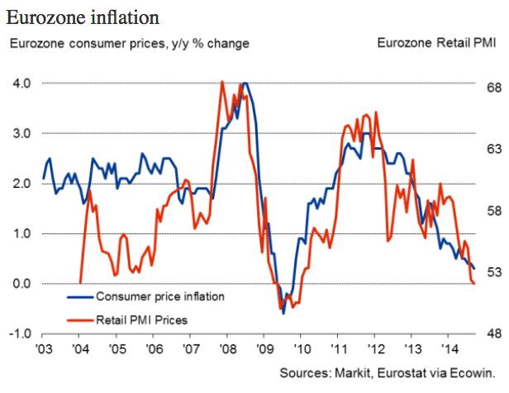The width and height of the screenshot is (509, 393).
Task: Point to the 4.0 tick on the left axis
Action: [22, 83]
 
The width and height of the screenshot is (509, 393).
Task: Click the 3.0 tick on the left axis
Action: [22, 133]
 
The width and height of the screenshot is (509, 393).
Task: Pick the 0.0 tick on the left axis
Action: [22, 284]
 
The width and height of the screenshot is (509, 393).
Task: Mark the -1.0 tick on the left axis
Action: [20, 334]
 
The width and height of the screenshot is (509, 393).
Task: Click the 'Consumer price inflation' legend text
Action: [159, 295]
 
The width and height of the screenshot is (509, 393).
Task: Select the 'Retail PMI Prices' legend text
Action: [142, 319]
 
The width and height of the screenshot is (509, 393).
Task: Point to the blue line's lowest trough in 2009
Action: [283, 314]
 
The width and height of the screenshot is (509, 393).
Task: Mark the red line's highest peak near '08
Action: [222, 81]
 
